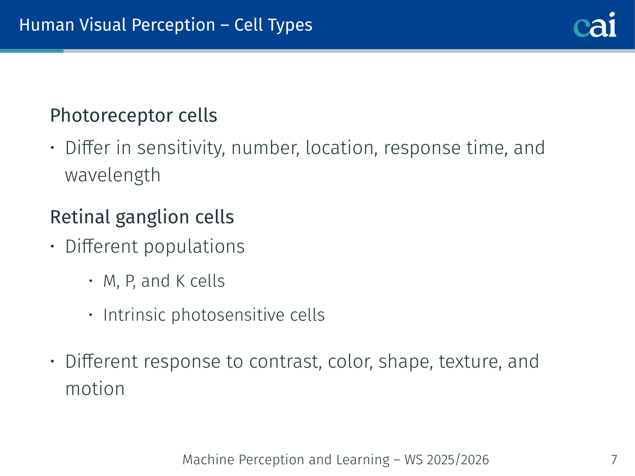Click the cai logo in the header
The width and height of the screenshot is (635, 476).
tap(595, 25)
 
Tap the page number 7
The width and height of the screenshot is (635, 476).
tap(614, 460)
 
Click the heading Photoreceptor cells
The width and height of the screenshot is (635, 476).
tap(134, 116)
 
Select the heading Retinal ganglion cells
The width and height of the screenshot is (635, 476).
tap(142, 217)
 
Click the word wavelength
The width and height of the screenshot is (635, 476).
tap(113, 175)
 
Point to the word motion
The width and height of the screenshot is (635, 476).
tap(95, 389)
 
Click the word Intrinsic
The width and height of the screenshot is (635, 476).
tap(134, 315)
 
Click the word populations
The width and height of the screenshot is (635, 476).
tap(194, 247)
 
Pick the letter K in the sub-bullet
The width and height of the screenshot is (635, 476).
tap(180, 281)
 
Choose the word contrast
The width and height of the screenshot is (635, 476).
tap(286, 361)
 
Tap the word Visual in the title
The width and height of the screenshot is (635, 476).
tap(103, 25)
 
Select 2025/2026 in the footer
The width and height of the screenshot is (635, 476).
tap(458, 460)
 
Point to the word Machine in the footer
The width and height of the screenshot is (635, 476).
tap(208, 460)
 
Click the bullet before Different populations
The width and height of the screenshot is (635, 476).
tap(52, 246)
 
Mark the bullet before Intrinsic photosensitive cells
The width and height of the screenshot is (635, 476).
tap(91, 315)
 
